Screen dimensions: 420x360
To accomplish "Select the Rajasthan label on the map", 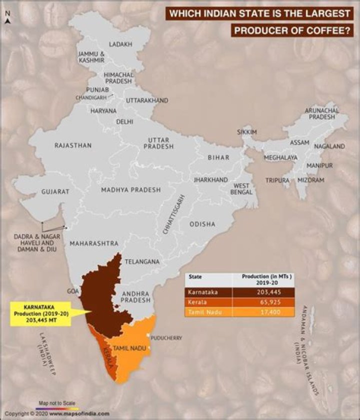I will pyautogui.click(x=73, y=145).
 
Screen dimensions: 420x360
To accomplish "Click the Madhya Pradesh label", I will pyautogui.click(x=131, y=190).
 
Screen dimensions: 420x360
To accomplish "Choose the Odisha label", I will pyautogui.click(x=202, y=224).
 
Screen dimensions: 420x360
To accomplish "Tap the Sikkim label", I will pyautogui.click(x=246, y=132).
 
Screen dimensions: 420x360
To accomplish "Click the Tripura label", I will pyautogui.click(x=277, y=180).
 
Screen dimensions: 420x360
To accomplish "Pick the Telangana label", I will pyautogui.click(x=142, y=261).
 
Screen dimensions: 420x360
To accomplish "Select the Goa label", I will pyautogui.click(x=72, y=290).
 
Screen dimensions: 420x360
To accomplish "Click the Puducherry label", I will pyautogui.click(x=165, y=338).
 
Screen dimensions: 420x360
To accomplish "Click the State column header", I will pyautogui.click(x=195, y=276).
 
